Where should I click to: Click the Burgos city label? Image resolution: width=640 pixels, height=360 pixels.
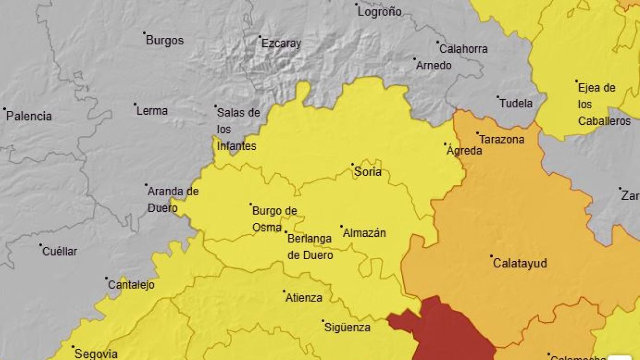(165, 41)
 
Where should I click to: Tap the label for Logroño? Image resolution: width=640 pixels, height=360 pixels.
(380, 12)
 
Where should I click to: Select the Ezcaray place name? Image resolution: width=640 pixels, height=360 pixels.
(282, 44)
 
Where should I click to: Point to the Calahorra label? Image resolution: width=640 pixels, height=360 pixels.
(463, 49)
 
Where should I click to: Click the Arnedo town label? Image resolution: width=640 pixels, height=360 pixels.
(434, 66)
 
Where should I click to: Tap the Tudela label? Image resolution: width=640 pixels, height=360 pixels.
(516, 103)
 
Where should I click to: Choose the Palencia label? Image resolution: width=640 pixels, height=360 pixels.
(29, 116)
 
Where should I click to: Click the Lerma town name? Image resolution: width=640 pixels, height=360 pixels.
(152, 111)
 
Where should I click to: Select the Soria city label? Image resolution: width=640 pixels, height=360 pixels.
(368, 172)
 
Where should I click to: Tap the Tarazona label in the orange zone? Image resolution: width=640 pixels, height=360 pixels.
(502, 140)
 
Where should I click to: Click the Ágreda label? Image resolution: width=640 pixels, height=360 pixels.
(464, 151)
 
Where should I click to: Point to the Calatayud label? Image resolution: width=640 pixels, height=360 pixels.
(520, 263)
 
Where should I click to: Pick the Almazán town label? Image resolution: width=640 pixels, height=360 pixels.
(365, 233)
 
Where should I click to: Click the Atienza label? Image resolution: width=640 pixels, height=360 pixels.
(304, 298)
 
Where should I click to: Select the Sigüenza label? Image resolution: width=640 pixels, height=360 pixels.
(347, 327)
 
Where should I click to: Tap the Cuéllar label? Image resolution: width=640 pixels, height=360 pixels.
(60, 251)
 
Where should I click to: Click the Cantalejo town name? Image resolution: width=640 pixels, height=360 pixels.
(131, 285)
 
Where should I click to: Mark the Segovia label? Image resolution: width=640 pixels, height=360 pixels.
(96, 353)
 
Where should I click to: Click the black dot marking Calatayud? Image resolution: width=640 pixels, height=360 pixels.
(491, 256)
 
